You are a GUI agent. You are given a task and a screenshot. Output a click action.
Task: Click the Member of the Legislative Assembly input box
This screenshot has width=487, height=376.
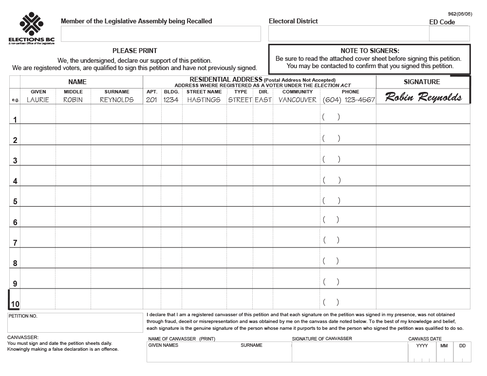(161, 34)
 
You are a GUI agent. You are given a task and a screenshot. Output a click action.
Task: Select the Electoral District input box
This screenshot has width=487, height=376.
(348, 34)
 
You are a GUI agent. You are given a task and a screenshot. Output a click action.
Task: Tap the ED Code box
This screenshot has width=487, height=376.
(449, 34)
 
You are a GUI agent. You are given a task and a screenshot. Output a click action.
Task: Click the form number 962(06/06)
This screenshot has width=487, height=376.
(460, 14)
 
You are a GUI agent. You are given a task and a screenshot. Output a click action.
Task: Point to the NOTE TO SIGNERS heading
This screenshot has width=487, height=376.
(370, 51)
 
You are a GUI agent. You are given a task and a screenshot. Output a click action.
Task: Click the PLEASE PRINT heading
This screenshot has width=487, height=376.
(135, 51)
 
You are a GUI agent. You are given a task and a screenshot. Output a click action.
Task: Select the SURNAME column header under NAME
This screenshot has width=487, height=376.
(117, 91)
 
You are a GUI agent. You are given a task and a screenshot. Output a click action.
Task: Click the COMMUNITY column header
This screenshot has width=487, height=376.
(297, 91)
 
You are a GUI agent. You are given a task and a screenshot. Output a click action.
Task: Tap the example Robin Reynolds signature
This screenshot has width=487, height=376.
(423, 97)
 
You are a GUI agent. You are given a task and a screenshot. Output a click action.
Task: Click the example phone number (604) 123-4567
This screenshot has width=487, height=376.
(349, 100)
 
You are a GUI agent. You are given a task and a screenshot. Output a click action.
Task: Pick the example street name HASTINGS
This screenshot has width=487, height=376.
(204, 100)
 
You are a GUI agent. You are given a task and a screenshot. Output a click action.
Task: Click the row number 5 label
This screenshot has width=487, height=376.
(15, 202)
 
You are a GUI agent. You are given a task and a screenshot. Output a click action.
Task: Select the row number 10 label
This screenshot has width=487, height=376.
(15, 304)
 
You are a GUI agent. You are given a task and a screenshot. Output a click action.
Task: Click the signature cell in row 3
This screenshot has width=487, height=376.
(423, 155)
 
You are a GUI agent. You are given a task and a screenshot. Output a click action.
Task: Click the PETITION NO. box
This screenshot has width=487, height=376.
(75, 323)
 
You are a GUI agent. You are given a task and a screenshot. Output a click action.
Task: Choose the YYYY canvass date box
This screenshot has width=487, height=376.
(422, 353)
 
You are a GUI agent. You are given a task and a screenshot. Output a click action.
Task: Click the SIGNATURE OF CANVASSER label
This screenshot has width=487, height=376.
(322, 339)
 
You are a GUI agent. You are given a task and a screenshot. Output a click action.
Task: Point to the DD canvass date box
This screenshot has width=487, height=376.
(462, 353)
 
